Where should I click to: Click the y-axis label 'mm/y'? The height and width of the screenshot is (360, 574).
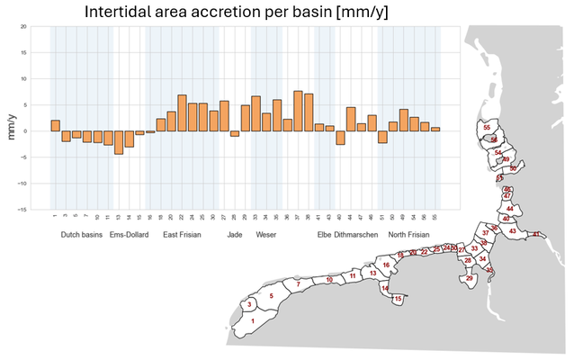click(12, 131)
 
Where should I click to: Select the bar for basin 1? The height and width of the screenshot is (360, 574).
click(55, 125)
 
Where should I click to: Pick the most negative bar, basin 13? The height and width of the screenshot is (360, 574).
click(119, 142)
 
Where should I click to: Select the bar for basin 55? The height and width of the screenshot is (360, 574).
click(435, 129)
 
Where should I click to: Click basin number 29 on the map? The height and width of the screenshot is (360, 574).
click(469, 279)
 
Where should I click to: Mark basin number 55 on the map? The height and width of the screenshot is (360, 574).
click(487, 128)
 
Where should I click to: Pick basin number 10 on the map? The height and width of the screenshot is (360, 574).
click(329, 280)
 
